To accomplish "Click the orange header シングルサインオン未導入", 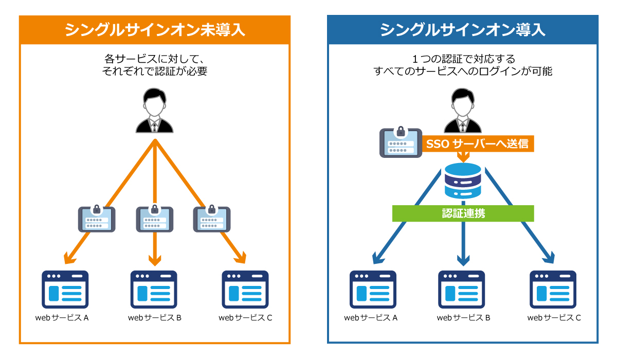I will (155, 30).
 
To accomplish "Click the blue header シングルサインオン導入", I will (463, 30).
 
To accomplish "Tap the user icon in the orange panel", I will (155, 111).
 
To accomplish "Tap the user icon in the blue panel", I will (463, 111).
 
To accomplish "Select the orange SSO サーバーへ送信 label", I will (478, 143).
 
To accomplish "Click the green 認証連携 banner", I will (463, 213).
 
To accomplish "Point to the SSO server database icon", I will (463, 181).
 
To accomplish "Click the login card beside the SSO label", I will (400, 142).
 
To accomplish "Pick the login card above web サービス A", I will (97, 218).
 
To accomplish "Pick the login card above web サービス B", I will (154, 218).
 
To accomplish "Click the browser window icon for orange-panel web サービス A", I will (65, 289).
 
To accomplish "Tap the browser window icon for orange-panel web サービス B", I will (154, 289).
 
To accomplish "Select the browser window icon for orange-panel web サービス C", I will (245, 289).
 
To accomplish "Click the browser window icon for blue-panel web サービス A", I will (373, 289).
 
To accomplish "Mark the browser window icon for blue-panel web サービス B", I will (462, 289).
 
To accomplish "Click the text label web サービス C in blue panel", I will (554, 318).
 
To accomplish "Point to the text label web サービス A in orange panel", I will (62, 318).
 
